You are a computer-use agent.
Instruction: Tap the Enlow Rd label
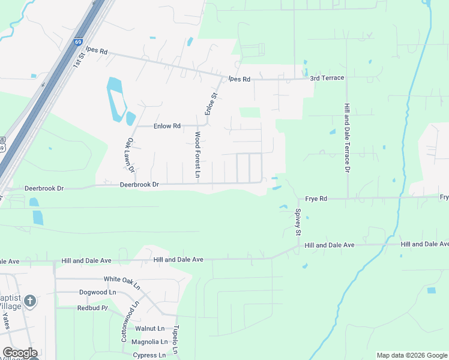tap(167, 126)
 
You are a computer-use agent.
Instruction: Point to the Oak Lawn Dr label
tap(130, 155)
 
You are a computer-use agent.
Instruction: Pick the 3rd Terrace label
tap(327, 78)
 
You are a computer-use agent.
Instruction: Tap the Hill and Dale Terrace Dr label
tap(346, 137)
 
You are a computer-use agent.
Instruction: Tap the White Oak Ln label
tap(122, 279)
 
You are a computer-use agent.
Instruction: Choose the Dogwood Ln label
tap(97, 292)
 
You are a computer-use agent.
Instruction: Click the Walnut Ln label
tap(149, 328)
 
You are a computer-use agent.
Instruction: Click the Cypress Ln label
tap(149, 355)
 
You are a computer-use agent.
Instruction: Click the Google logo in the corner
tap(20, 353)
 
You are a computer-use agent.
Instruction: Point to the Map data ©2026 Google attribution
tap(411, 355)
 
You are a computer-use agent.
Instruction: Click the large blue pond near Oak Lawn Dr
tap(116, 98)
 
